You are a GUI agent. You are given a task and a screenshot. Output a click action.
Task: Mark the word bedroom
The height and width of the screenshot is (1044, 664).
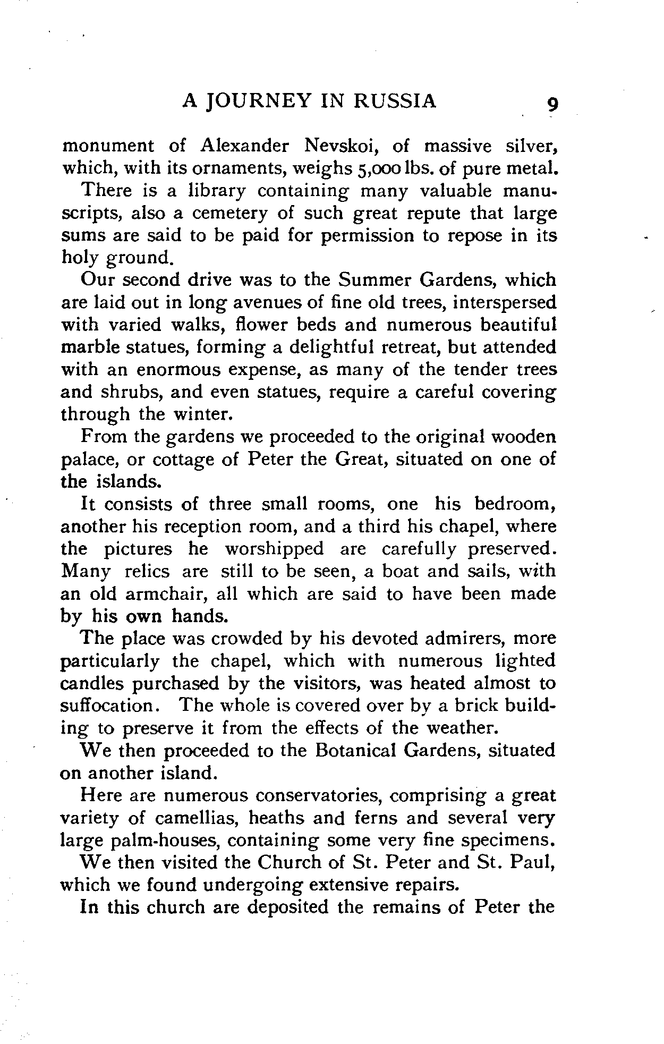point(513,503)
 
